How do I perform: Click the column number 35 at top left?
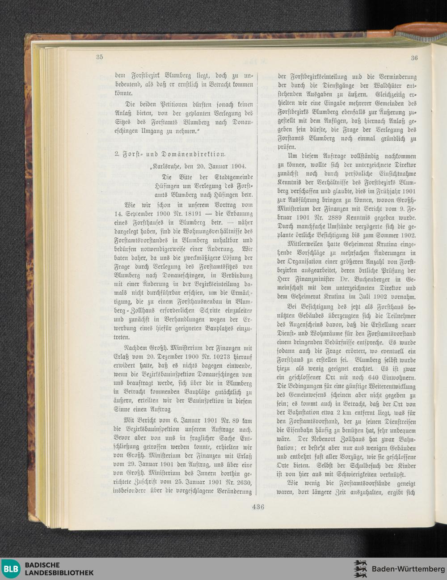[x=99, y=57]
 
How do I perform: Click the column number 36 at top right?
[x=414, y=58]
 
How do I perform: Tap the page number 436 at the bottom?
[x=258, y=507]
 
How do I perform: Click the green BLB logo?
[x=11, y=569]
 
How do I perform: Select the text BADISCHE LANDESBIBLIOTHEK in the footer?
[x=59, y=569]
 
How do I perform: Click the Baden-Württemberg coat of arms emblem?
[x=360, y=569]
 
